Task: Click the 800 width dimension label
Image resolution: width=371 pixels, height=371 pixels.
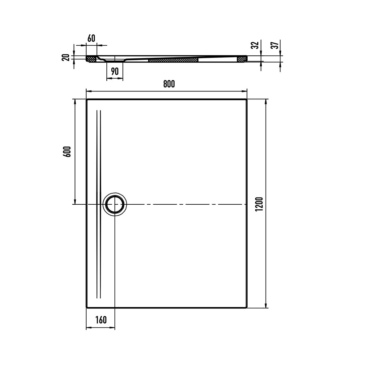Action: click(169, 84)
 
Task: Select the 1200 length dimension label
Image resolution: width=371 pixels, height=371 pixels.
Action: click(259, 204)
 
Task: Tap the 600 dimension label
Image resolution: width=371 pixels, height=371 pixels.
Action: click(67, 152)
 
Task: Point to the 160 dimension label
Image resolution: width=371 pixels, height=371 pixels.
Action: click(101, 320)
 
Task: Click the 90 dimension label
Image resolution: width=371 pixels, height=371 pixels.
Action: click(115, 71)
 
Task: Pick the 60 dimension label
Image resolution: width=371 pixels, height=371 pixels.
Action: click(91, 38)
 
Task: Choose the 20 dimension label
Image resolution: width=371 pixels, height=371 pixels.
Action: click(66, 58)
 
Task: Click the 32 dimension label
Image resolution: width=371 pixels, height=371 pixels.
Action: click(255, 45)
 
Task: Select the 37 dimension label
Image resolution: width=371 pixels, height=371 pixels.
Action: click(275, 45)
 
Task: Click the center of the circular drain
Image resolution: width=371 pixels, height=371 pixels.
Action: click(115, 204)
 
